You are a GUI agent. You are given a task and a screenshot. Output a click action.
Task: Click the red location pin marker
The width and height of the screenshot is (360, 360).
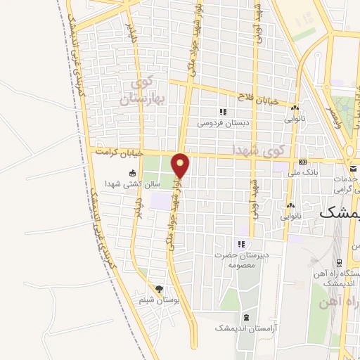click(181, 166)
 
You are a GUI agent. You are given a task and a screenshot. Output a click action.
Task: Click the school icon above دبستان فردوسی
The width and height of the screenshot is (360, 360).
click(223, 112)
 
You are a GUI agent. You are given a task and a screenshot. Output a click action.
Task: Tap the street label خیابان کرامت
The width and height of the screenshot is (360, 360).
click(120, 152)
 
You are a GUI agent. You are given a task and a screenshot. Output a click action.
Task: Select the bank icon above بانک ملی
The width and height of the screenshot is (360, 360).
click(303, 161)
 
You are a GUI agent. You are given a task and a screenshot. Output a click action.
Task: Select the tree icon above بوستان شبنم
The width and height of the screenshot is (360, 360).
click(159, 289)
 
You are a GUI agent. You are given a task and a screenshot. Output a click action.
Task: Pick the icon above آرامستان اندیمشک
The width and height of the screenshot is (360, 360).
click(246, 317)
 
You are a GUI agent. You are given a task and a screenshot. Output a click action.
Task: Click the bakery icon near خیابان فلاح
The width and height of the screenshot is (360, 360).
click(295, 108)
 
